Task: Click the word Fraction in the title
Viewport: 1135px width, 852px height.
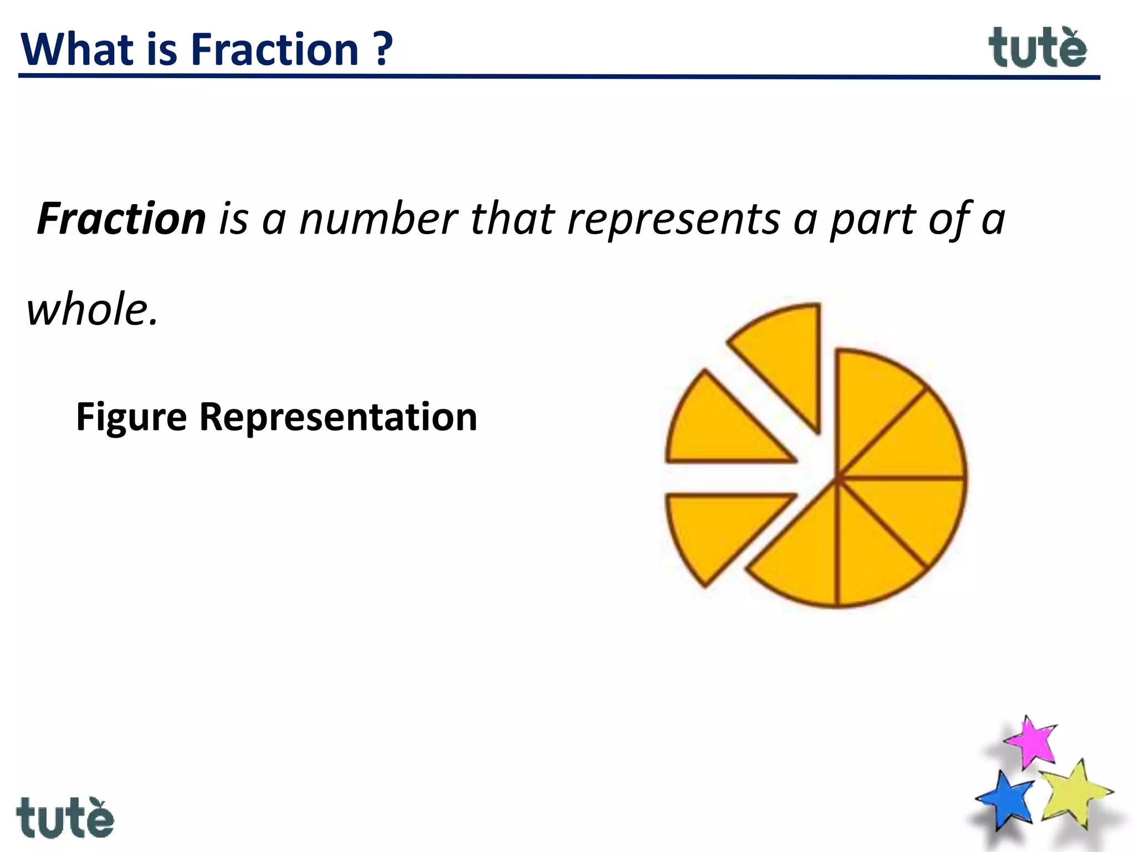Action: pyautogui.click(x=275, y=50)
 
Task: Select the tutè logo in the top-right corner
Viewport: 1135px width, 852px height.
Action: pyautogui.click(x=1037, y=48)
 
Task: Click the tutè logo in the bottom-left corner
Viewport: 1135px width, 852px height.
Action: pyautogui.click(x=65, y=818)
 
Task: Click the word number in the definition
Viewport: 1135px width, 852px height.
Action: pyautogui.click(x=379, y=219)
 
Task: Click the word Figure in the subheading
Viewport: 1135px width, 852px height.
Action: pyautogui.click(x=131, y=417)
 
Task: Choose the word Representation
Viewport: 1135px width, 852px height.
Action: pyautogui.click(x=338, y=417)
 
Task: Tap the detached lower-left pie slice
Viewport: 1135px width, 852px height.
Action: pyautogui.click(x=715, y=527)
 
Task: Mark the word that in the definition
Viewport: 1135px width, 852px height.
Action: pyautogui.click(x=513, y=219)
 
